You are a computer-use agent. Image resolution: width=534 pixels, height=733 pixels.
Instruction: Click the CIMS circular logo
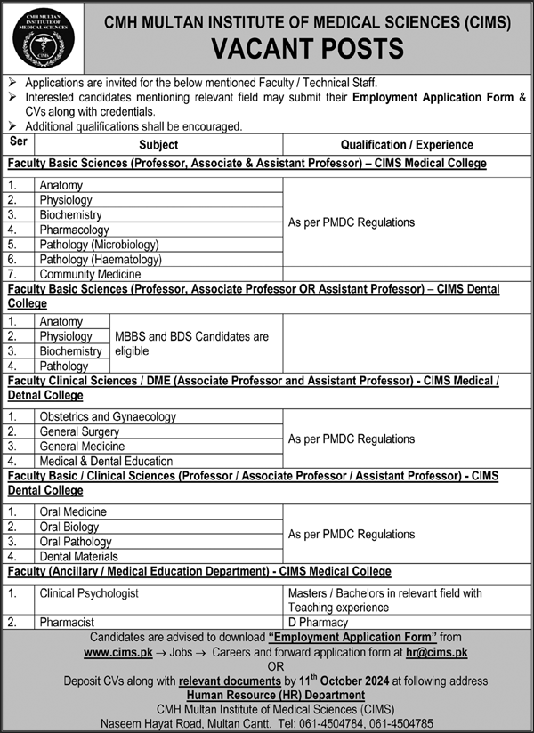coord(38,37)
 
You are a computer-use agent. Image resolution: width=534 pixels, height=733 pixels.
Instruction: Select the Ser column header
coord(18,142)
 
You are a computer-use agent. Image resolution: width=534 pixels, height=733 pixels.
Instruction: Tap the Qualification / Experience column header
coord(407,144)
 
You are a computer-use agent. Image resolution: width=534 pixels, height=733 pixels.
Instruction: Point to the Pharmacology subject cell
coord(74,230)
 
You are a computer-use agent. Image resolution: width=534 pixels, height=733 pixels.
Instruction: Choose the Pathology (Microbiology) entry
coord(99,245)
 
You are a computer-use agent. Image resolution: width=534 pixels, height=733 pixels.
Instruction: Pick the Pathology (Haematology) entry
coord(100,260)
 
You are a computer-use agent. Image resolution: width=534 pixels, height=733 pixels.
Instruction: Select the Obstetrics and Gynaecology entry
coord(108,416)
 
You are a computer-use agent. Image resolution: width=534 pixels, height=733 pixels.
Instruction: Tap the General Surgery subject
coord(79,431)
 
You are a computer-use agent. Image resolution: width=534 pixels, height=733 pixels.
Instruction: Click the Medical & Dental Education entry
coord(106,461)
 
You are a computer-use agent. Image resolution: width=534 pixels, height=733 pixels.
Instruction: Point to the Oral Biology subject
coord(69,527)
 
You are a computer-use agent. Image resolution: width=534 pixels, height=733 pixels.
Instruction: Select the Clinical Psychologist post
coord(89,592)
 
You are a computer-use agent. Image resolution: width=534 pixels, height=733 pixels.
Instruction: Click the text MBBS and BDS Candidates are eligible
coord(191,344)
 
